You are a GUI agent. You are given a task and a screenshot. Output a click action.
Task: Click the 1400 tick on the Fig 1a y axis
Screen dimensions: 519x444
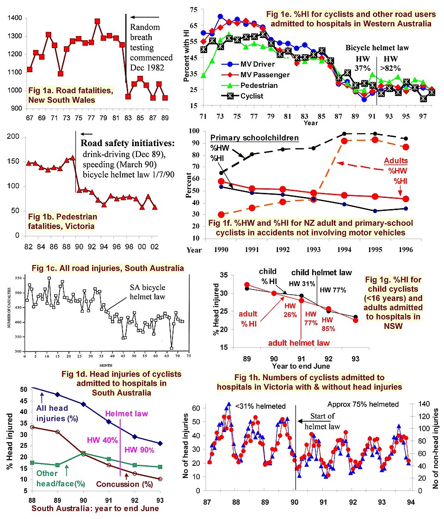point(14,18)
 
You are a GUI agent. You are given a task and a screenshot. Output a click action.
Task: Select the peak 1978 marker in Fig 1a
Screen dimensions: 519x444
point(97,21)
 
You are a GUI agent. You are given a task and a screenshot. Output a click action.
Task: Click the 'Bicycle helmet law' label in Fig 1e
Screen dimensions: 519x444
point(377,48)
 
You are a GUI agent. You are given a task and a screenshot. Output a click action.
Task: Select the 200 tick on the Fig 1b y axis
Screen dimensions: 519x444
point(14,137)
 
